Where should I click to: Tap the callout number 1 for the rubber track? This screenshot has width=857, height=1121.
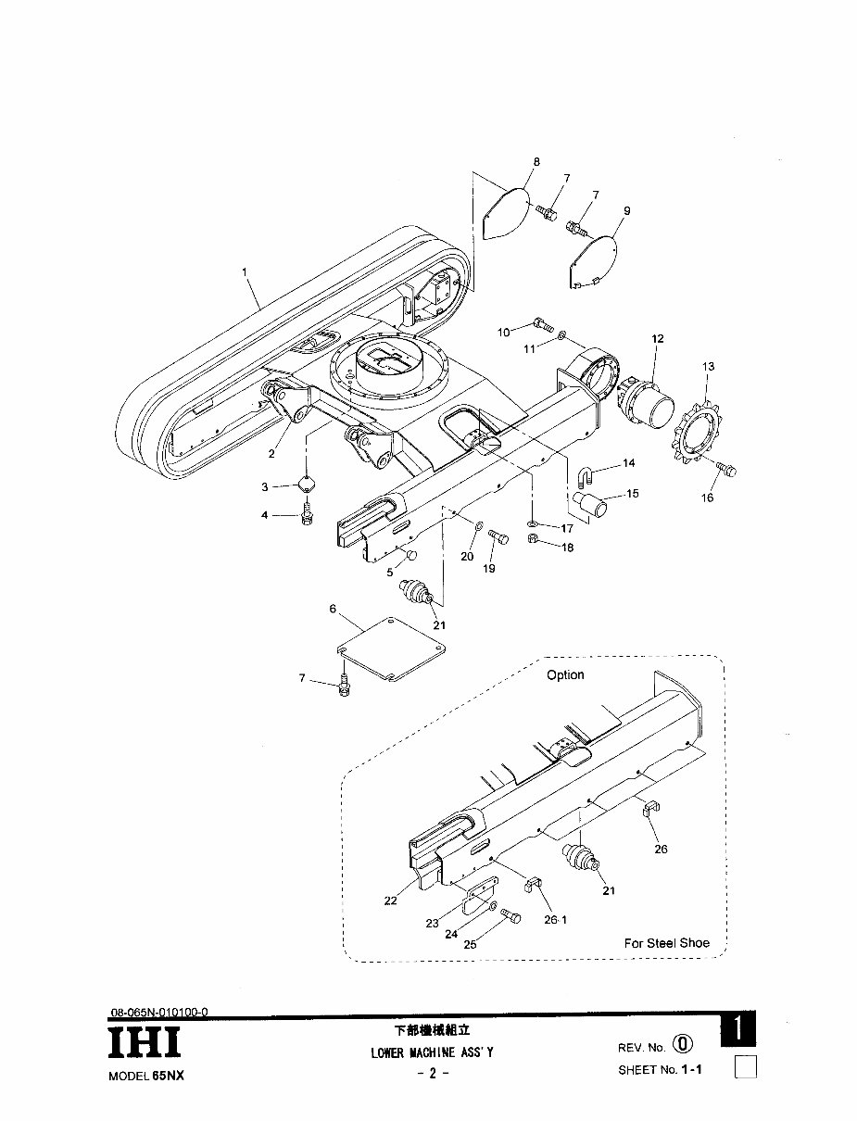pos(245,272)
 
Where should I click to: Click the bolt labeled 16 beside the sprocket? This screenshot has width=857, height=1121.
pos(726,469)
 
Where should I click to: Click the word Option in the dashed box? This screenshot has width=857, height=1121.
pos(565,675)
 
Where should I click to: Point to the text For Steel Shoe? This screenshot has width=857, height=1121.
pos(666,943)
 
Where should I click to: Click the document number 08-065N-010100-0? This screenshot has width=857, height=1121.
pos(158,1013)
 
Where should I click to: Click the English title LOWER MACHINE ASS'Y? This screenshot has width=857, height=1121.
pos(433,1052)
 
